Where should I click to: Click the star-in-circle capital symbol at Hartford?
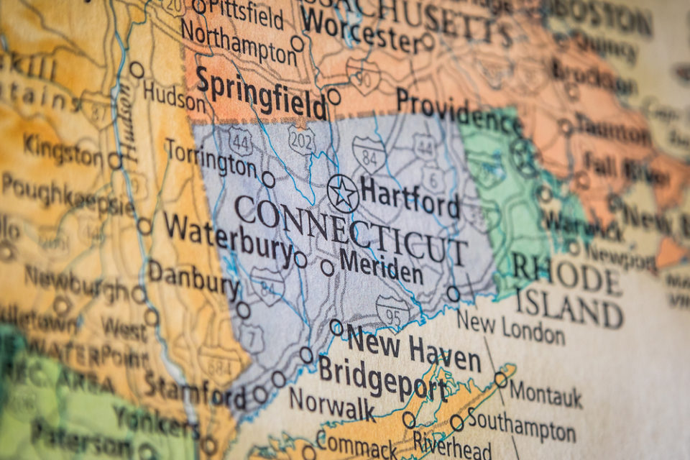(343, 193)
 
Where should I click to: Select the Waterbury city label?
(228, 237)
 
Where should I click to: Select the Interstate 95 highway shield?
(392, 310)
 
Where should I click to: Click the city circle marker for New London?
(453, 293)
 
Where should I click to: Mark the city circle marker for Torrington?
(268, 179)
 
